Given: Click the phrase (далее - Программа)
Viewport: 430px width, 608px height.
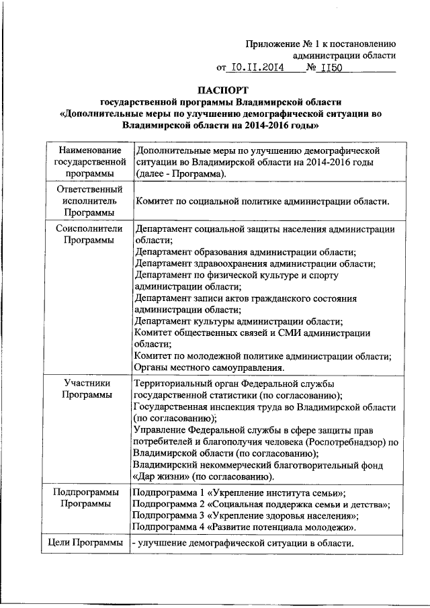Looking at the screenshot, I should [x=180, y=174].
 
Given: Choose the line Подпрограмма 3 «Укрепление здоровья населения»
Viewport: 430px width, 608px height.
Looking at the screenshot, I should [x=245, y=515].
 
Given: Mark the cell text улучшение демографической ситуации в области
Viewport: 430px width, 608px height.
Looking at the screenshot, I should [x=244, y=544].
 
